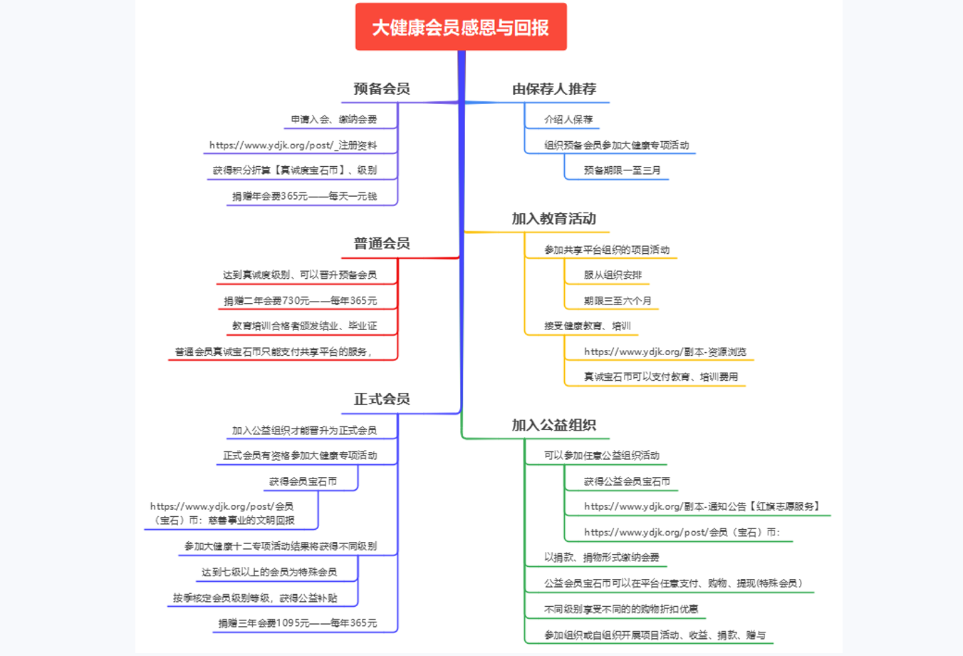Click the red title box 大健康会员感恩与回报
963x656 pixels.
[461, 27]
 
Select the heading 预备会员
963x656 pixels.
[382, 89]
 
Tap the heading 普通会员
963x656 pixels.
[382, 244]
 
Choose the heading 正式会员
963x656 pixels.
[382, 399]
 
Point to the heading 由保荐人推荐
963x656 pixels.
[554, 89]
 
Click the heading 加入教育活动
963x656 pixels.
[553, 219]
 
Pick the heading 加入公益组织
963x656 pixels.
[553, 426]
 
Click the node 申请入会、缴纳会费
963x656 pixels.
[333, 120]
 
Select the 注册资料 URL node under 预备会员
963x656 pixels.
[293, 145]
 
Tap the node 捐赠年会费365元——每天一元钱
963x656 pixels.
[304, 196]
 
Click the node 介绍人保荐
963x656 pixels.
[568, 120]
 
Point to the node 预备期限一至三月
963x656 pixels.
[622, 170]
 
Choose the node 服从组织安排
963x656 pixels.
[613, 275]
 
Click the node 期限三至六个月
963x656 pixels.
[618, 301]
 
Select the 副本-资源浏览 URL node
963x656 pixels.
[665, 352]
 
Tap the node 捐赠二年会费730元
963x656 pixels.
[300, 301]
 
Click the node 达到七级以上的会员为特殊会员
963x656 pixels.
[269, 572]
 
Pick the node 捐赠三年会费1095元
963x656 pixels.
[297, 623]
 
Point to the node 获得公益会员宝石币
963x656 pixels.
[627, 482]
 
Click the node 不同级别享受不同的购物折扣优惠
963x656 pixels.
[620, 610]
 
